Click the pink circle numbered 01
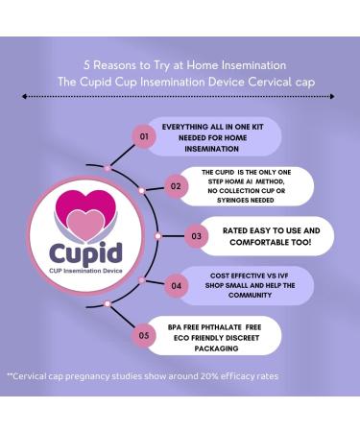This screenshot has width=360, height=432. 144,137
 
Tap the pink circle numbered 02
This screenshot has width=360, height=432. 176,185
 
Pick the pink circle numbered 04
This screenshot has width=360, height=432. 176,285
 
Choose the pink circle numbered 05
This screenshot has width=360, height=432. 144,336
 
